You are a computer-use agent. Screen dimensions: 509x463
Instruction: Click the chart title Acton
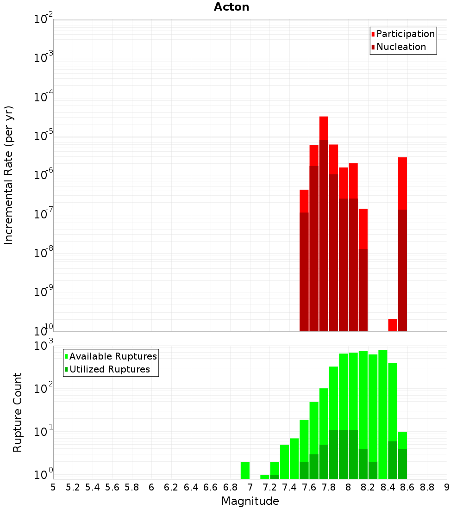click(x=231, y=7)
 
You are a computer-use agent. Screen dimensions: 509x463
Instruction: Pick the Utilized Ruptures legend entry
click(x=109, y=369)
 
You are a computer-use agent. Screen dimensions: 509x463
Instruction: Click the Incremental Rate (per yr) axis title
click(x=9, y=175)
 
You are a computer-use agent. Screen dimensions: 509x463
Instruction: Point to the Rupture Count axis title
click(x=18, y=412)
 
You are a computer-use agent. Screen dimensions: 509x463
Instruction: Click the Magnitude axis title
click(x=250, y=501)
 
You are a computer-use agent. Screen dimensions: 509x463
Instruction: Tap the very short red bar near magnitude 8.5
click(x=393, y=325)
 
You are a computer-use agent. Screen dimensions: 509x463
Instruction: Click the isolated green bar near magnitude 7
click(x=245, y=470)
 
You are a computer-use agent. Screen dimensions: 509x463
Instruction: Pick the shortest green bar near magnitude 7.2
click(x=264, y=477)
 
